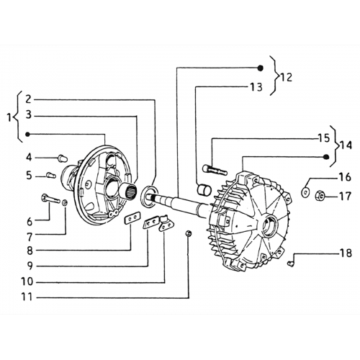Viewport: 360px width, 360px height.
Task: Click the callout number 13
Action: coord(256,87)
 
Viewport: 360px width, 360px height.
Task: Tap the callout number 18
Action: coord(346,253)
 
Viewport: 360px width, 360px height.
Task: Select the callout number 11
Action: coord(27,297)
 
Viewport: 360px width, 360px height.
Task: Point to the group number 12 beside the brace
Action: coord(286,78)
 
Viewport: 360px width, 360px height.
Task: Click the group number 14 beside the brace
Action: coord(346,145)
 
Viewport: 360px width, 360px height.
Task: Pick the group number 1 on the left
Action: coord(9,117)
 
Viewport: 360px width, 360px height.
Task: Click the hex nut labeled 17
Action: coord(320,195)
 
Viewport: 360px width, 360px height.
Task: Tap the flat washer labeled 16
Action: coord(305,192)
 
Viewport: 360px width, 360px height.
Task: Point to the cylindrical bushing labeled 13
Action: coord(204,189)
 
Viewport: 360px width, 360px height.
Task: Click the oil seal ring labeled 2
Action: coord(150,196)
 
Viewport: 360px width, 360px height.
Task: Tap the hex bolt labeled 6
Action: coord(50,199)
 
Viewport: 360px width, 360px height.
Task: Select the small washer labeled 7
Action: coord(64,203)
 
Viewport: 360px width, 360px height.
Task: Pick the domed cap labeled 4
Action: coord(63,158)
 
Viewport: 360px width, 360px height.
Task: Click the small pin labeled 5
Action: coord(51,175)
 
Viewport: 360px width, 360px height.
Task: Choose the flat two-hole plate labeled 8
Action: coord(132,218)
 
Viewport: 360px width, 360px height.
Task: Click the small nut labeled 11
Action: coord(189,233)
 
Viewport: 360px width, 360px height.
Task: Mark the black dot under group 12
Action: coord(260,68)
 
